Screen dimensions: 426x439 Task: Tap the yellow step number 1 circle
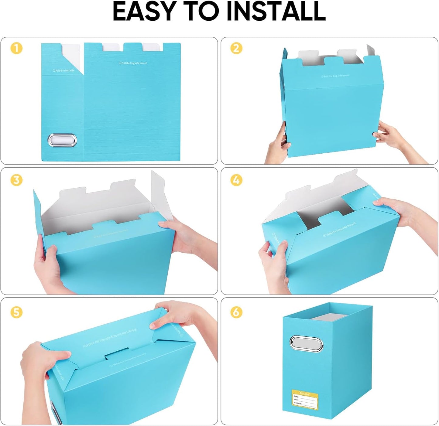click(x=17, y=48)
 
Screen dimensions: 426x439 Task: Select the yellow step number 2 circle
click(x=236, y=48)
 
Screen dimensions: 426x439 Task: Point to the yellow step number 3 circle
click(x=17, y=180)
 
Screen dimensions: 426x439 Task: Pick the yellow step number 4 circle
click(x=236, y=180)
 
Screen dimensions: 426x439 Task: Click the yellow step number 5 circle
click(x=17, y=312)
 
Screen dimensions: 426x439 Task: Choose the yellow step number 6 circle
click(x=236, y=312)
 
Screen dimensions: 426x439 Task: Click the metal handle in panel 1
click(x=62, y=141)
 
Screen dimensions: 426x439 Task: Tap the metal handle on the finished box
click(x=306, y=344)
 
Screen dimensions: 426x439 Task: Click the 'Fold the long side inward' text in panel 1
click(x=132, y=63)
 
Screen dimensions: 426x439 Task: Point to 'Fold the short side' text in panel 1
click(x=63, y=70)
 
